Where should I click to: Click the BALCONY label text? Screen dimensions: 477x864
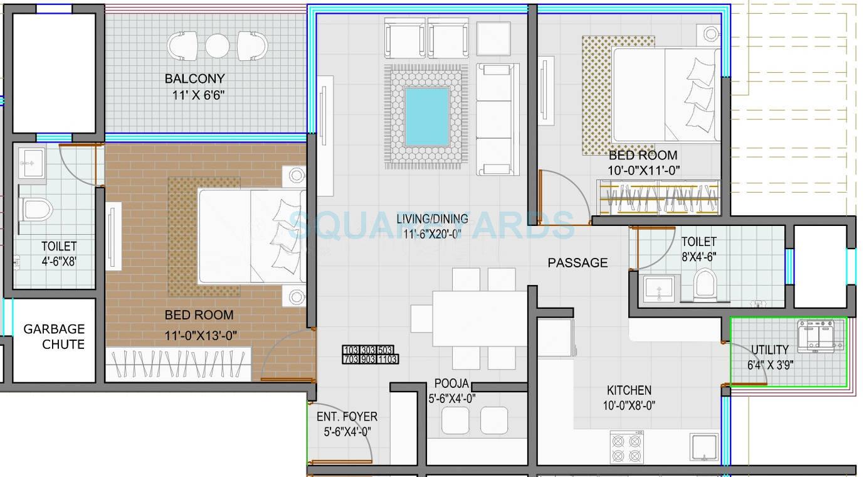click(x=194, y=79)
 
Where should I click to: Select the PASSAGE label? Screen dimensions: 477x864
click(x=577, y=263)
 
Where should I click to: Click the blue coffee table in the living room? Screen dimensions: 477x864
click(x=426, y=116)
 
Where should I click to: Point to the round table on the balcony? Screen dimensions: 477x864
click(x=218, y=46)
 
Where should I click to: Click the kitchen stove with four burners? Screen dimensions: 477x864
click(x=626, y=448)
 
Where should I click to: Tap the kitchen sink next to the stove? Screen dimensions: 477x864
click(x=705, y=449)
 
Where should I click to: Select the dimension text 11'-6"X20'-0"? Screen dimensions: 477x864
click(x=432, y=234)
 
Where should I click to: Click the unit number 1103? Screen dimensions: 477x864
click(x=387, y=360)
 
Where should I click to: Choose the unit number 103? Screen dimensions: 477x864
click(x=350, y=350)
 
